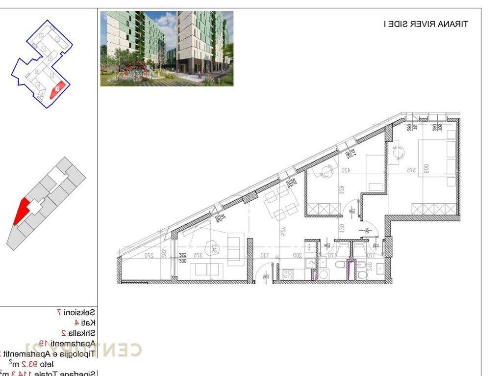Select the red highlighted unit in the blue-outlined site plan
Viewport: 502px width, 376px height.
[57, 89]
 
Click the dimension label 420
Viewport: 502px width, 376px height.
[346, 171]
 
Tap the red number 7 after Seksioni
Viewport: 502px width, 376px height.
[59, 312]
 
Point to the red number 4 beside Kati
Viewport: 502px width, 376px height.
[76, 322]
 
